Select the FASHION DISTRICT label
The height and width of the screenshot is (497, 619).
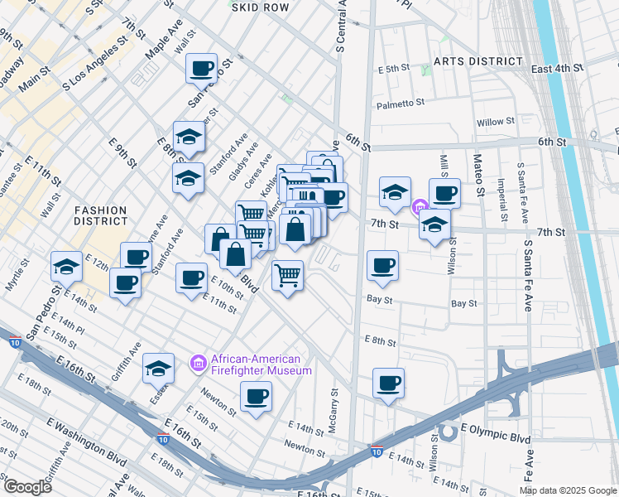tap(99, 215)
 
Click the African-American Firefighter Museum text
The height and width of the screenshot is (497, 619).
tap(261, 364)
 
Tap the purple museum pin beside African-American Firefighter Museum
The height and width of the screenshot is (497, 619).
tap(198, 363)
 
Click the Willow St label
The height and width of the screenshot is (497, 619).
tap(495, 122)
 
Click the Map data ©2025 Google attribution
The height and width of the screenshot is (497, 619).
tap(568, 490)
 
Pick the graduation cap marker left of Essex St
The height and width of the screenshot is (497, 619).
tap(158, 368)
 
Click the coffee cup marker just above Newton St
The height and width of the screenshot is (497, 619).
tap(256, 396)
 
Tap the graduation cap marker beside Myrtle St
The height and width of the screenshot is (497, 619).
tap(66, 267)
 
